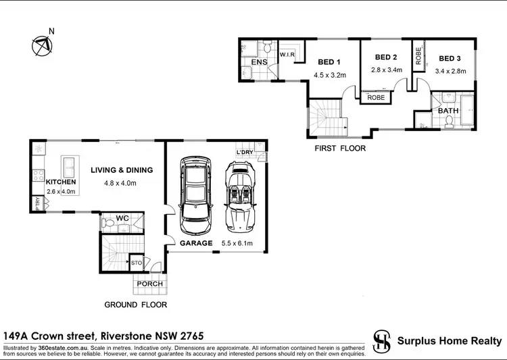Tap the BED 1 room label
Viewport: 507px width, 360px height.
click(x=330, y=62)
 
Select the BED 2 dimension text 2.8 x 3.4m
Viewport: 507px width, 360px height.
click(x=387, y=70)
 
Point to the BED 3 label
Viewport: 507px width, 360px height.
click(x=449, y=58)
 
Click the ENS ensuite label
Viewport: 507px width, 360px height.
click(x=260, y=63)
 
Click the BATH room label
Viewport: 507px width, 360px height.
click(x=448, y=110)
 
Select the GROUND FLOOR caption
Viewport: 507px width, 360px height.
click(x=135, y=305)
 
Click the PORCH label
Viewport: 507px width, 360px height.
click(x=149, y=284)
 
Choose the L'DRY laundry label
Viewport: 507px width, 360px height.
click(x=245, y=153)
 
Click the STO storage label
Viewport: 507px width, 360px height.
click(x=137, y=262)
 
